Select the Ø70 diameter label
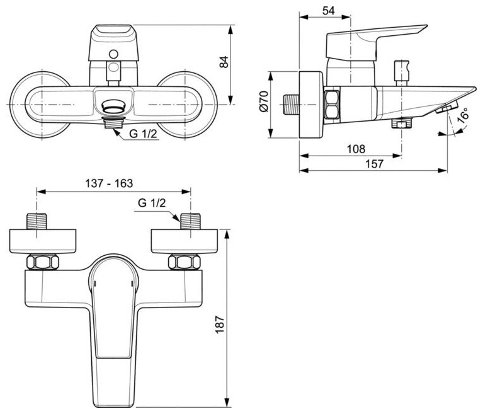[x=265, y=102]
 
